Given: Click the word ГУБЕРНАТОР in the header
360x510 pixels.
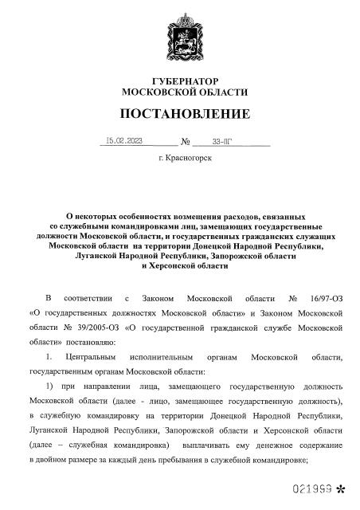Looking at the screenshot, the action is click(179, 82).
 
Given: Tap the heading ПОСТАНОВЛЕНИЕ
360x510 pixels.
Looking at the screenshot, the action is click(179, 113).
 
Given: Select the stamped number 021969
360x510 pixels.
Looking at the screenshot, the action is click(316, 485).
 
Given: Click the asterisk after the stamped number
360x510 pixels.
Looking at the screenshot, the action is click(342, 486).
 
